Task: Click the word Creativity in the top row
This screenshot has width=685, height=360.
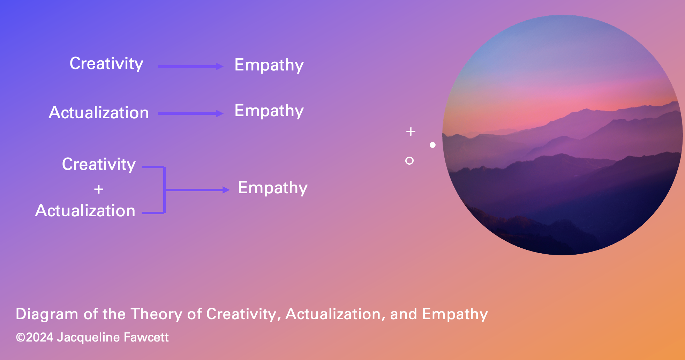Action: coord(106,64)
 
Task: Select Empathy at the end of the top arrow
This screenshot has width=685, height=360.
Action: coord(269,65)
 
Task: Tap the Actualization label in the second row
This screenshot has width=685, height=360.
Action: coord(99,113)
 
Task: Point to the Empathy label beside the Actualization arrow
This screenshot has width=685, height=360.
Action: coord(269,111)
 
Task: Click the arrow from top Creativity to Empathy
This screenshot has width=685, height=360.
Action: coord(191,66)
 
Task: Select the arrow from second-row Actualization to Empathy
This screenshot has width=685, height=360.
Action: coord(191,113)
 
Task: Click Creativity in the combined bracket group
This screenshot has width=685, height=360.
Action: coord(99,165)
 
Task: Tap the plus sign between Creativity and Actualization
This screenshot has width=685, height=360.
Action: coord(99,189)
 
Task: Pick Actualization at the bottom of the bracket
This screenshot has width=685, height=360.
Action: coord(85,211)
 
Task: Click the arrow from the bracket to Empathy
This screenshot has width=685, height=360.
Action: coord(197,190)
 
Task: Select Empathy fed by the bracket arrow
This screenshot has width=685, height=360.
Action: coord(273,188)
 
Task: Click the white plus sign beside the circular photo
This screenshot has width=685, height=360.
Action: coord(411,132)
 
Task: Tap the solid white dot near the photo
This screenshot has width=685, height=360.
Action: coord(432,145)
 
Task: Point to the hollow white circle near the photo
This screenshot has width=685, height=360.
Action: coord(409,157)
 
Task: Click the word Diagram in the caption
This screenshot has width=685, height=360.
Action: coord(47,314)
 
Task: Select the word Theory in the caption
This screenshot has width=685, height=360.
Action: coord(157,314)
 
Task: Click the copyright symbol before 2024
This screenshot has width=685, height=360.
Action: coord(21,338)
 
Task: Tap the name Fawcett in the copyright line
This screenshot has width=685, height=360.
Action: coord(146,337)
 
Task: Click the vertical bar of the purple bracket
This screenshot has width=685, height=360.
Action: coord(164,190)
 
